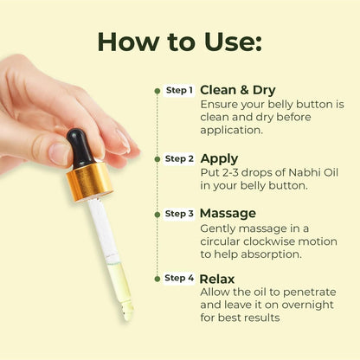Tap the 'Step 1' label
178,90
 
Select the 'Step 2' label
178,159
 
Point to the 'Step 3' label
178,213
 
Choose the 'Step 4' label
178,279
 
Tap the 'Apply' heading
219,158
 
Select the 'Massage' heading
228,213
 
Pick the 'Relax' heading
217,279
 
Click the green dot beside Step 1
158,90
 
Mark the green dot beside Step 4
158,279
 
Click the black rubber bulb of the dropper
82,146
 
